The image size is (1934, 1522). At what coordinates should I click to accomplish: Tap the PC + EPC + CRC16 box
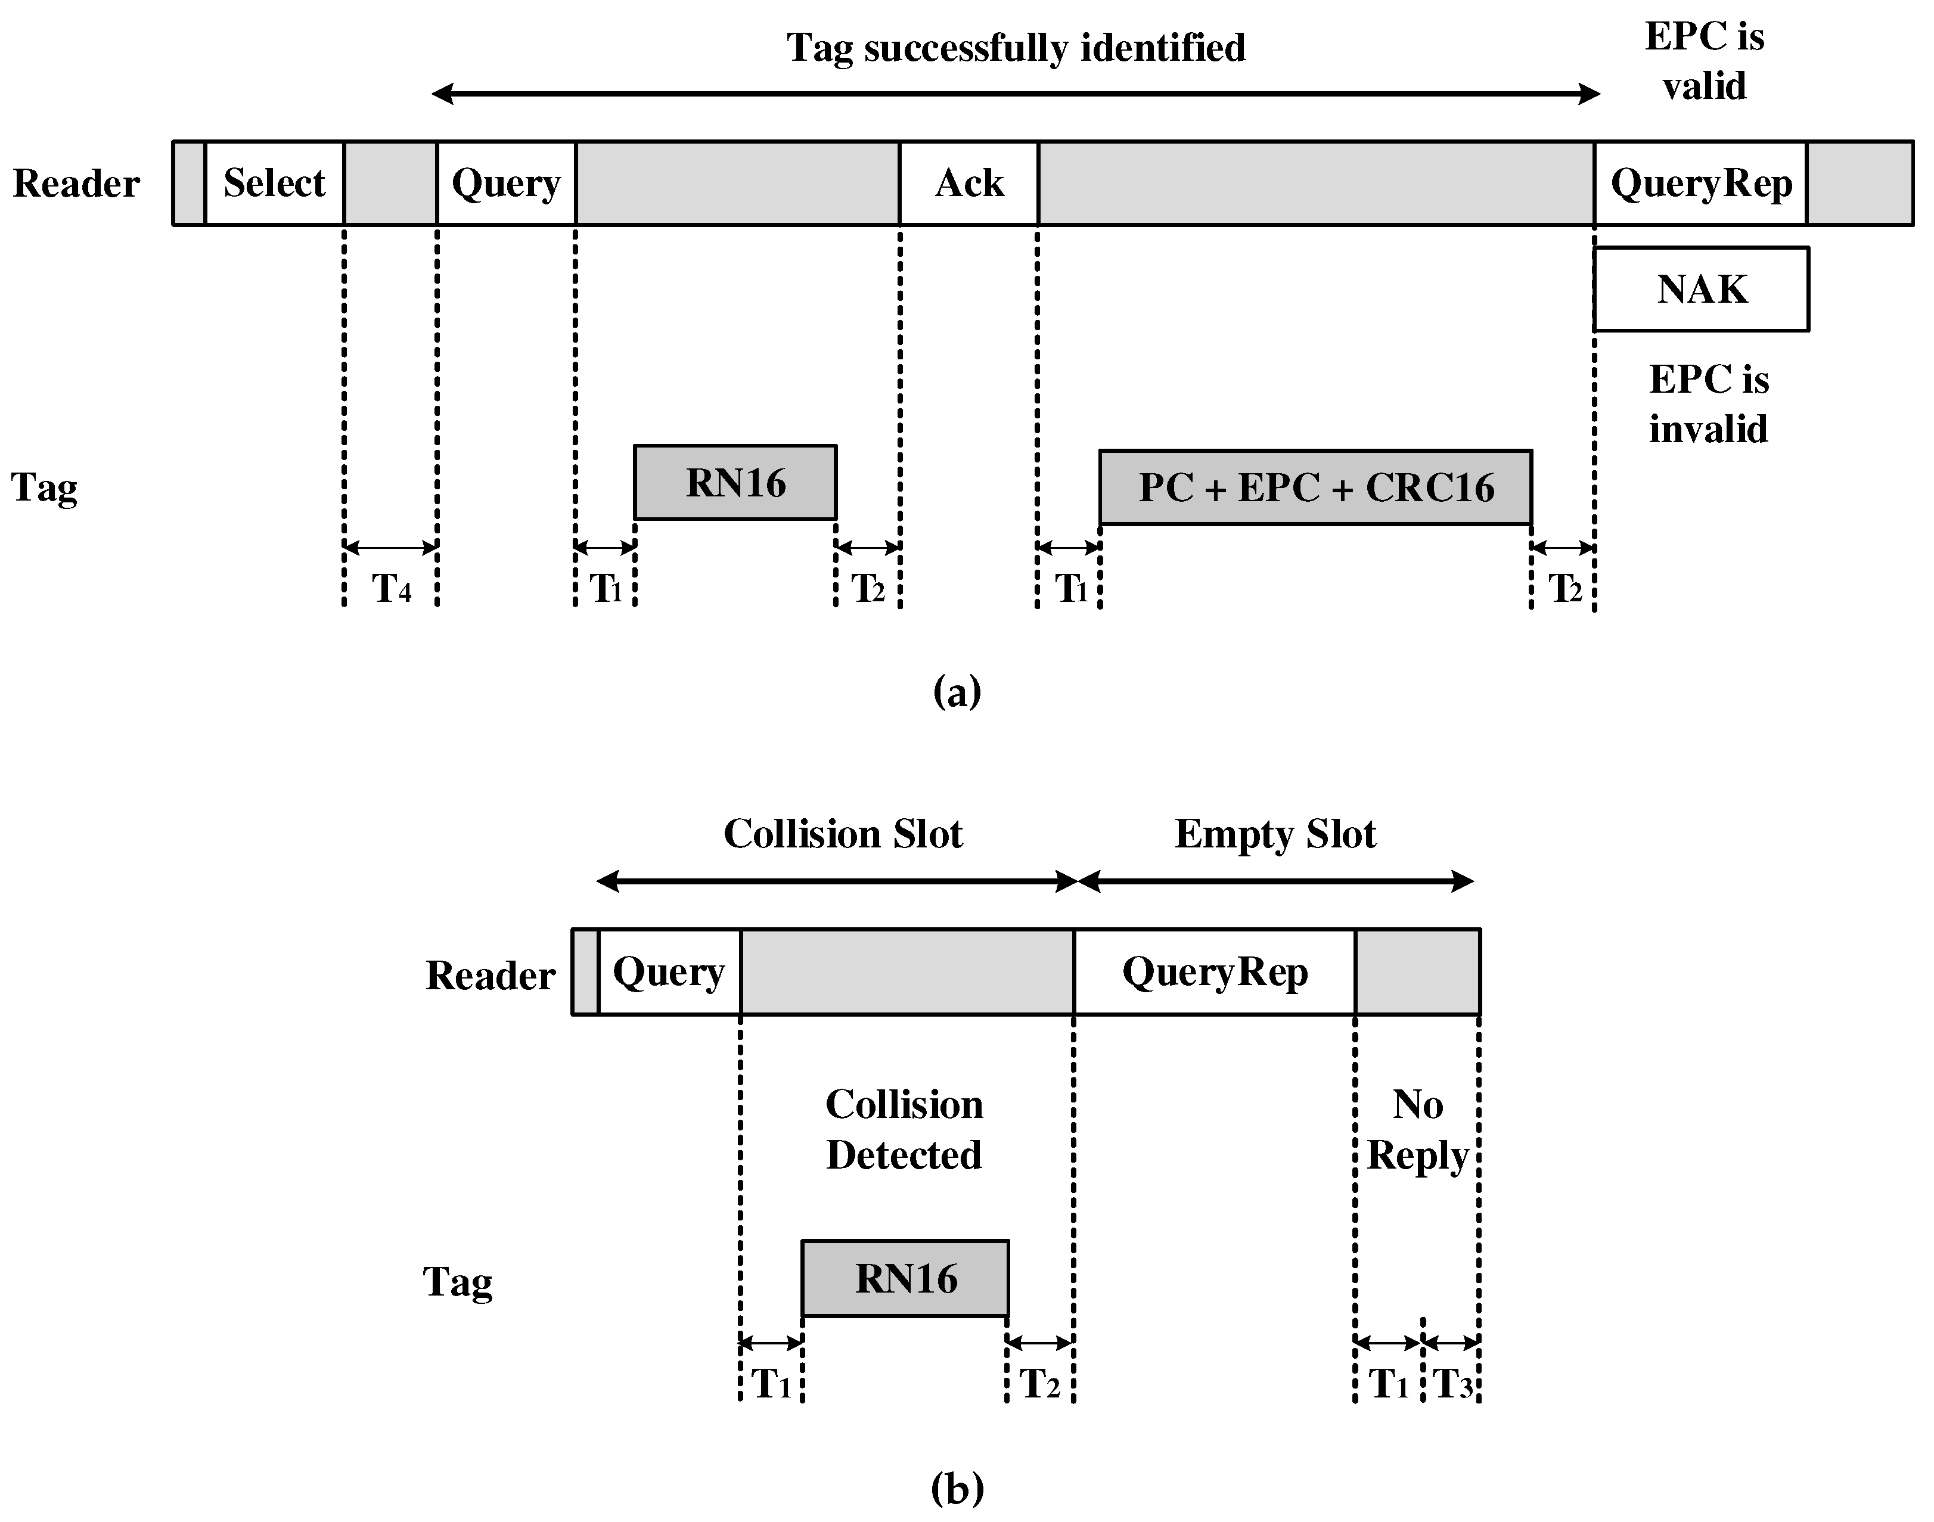tap(1315, 487)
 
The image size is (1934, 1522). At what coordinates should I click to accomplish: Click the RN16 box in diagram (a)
tap(735, 483)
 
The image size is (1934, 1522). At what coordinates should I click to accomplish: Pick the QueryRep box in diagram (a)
tap(1700, 184)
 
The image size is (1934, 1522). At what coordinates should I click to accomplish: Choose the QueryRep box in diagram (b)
tap(1214, 972)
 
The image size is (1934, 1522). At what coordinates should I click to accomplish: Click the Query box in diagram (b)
tap(669, 972)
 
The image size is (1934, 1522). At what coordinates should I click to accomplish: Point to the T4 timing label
tap(391, 588)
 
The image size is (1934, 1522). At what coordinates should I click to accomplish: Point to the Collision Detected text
tap(904, 1130)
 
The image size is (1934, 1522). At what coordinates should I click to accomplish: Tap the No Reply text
tap(1417, 1130)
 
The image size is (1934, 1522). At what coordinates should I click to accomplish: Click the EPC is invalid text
tap(1708, 403)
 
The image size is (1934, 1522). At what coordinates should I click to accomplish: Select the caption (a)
tap(957, 691)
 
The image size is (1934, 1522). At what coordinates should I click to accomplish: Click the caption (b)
tap(957, 1487)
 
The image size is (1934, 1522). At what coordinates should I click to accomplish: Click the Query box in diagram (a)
tap(505, 184)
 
